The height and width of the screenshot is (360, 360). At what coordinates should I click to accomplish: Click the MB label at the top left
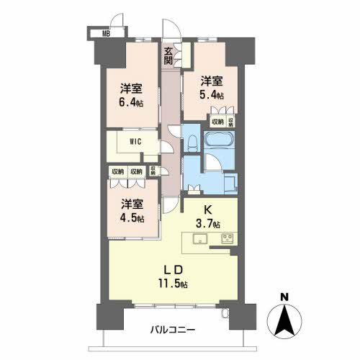pyautogui.click(x=105, y=32)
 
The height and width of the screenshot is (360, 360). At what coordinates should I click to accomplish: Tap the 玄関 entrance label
pyautogui.click(x=168, y=56)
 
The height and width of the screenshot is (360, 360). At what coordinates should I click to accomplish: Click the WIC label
pyautogui.click(x=135, y=141)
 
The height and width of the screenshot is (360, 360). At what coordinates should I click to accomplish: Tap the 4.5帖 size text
pyautogui.click(x=131, y=218)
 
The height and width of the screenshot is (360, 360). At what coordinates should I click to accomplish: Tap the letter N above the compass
pyautogui.click(x=285, y=296)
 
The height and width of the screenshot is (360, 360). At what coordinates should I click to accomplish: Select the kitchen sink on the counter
pyautogui.click(x=200, y=239)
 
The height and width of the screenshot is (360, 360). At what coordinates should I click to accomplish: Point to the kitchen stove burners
pyautogui.click(x=228, y=238)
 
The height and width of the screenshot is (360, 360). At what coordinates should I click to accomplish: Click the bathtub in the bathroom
pyautogui.click(x=219, y=140)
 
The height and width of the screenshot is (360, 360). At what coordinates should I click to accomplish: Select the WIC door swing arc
pyautogui.click(x=164, y=145)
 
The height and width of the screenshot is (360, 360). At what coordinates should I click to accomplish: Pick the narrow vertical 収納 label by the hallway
pyautogui.click(x=153, y=171)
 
